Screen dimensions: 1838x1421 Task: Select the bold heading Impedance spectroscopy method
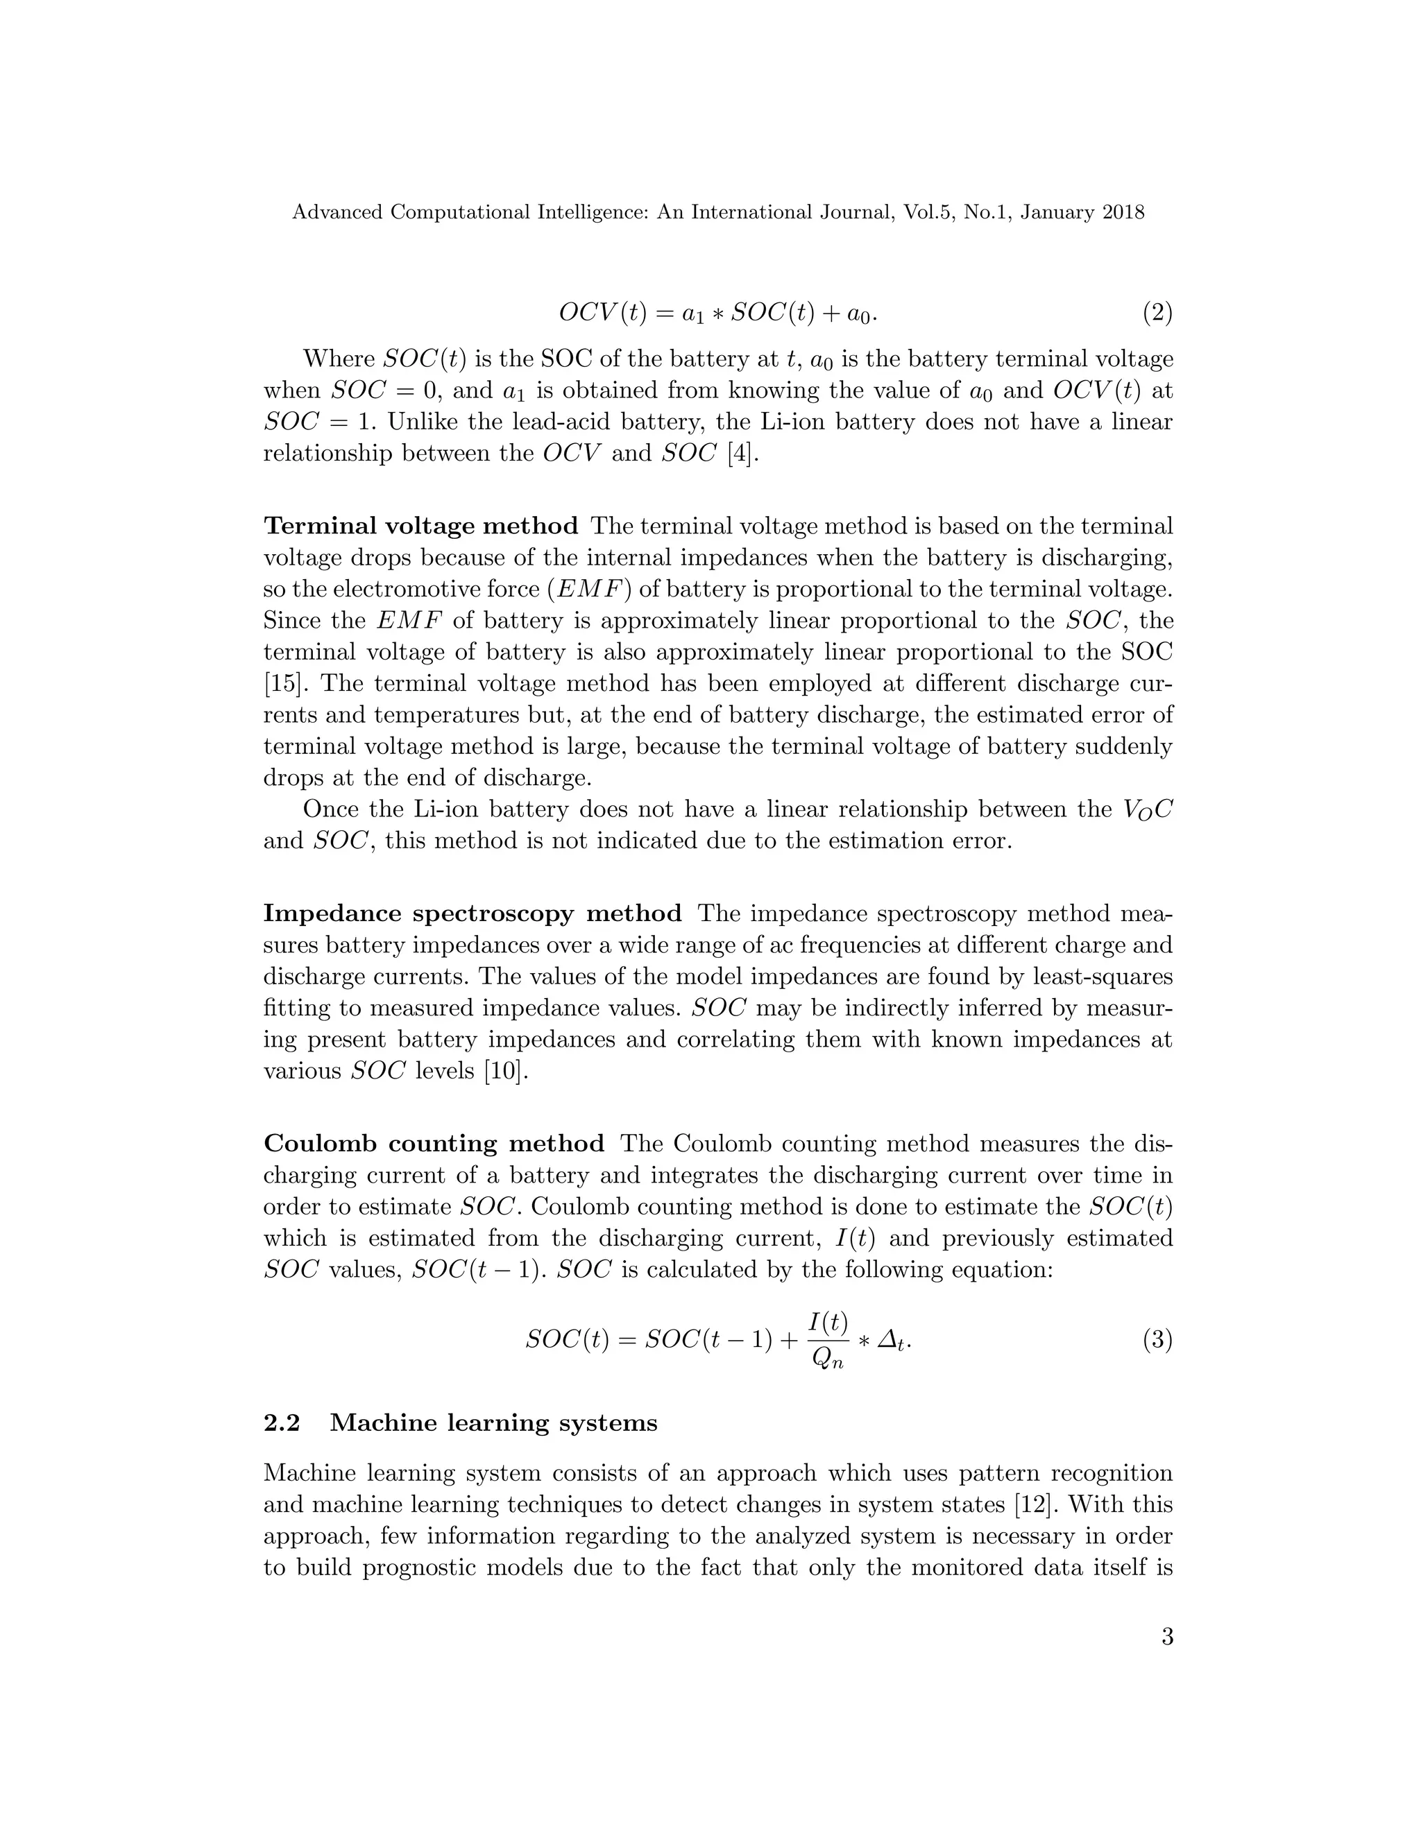[473, 914]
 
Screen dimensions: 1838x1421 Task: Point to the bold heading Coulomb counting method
[434, 1144]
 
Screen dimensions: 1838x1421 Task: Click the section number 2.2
[282, 1423]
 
